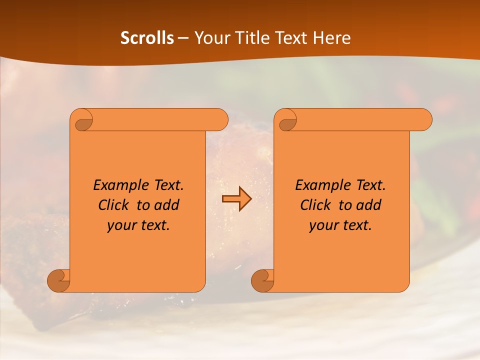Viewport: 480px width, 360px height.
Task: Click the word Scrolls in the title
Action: (147, 38)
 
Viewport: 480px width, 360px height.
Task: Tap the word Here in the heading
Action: (332, 38)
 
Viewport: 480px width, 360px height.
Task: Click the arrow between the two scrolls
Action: (236, 199)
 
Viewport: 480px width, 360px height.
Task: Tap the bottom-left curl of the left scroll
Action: (59, 280)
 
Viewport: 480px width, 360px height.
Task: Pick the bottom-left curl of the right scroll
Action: (263, 280)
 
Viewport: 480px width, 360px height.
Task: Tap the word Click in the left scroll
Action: (114, 205)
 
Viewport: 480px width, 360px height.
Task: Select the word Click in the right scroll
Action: (316, 205)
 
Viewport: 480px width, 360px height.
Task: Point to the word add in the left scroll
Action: (167, 205)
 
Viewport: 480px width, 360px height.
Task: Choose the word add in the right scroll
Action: (369, 205)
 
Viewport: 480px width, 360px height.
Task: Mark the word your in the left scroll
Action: (120, 226)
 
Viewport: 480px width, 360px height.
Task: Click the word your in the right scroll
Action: (322, 226)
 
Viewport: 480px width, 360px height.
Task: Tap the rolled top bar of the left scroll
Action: (160, 119)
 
